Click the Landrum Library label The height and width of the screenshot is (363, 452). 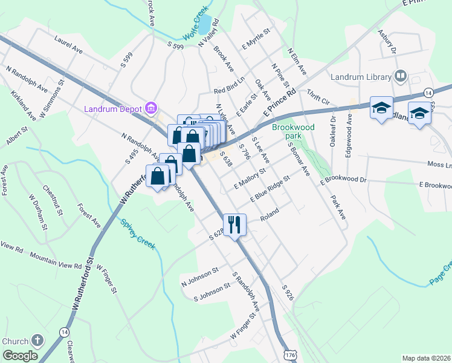[x=360, y=77]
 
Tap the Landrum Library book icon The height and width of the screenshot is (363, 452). [x=399, y=77]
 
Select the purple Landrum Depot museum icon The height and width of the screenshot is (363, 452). [x=151, y=109]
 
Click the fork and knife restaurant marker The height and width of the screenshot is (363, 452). [x=233, y=224]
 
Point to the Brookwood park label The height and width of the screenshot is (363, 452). [x=294, y=131]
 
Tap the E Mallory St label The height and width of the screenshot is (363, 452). [x=250, y=175]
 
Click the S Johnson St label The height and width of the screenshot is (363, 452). [x=212, y=293]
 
